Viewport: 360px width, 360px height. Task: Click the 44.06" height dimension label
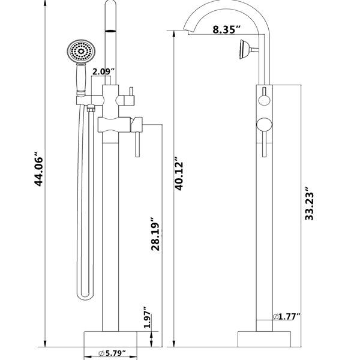click(x=38, y=169)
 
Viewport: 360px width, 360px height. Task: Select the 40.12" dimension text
click(x=179, y=173)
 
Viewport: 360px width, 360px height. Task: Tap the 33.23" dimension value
click(x=309, y=203)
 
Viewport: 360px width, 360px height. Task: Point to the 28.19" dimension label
click(x=155, y=234)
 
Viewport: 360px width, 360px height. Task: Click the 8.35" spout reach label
click(x=227, y=29)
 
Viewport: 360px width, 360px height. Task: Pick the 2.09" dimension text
click(x=103, y=71)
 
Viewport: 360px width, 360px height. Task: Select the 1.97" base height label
click(x=148, y=317)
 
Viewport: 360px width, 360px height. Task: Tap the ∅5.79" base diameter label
click(x=112, y=353)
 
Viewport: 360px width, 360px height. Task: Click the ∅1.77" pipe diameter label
click(x=286, y=317)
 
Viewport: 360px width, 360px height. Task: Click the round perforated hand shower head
click(x=81, y=51)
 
